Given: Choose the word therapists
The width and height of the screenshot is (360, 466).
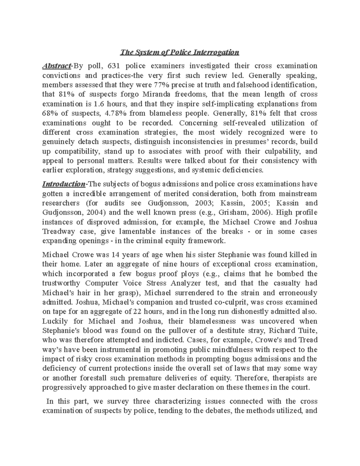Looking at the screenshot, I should (x=281, y=378).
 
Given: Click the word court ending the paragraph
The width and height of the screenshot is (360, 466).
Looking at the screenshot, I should (x=300, y=387).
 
